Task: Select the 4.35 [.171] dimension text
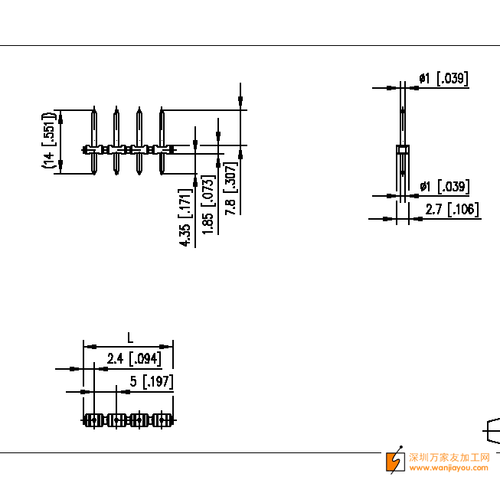tap(185, 217)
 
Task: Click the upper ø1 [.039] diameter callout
tap(443, 78)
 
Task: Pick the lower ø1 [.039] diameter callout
tap(444, 187)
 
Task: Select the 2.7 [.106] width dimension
tap(453, 210)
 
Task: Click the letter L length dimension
tap(130, 338)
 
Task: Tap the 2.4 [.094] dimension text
tap(134, 358)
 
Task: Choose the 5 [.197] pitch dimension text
tap(152, 381)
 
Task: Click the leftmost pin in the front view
tap(93, 142)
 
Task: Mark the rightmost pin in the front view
tap(162, 142)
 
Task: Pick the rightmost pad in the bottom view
tap(162, 420)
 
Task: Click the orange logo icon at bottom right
tap(395, 460)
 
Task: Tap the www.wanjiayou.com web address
tap(449, 467)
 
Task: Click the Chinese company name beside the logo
tap(449, 457)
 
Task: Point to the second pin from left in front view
tap(116, 142)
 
